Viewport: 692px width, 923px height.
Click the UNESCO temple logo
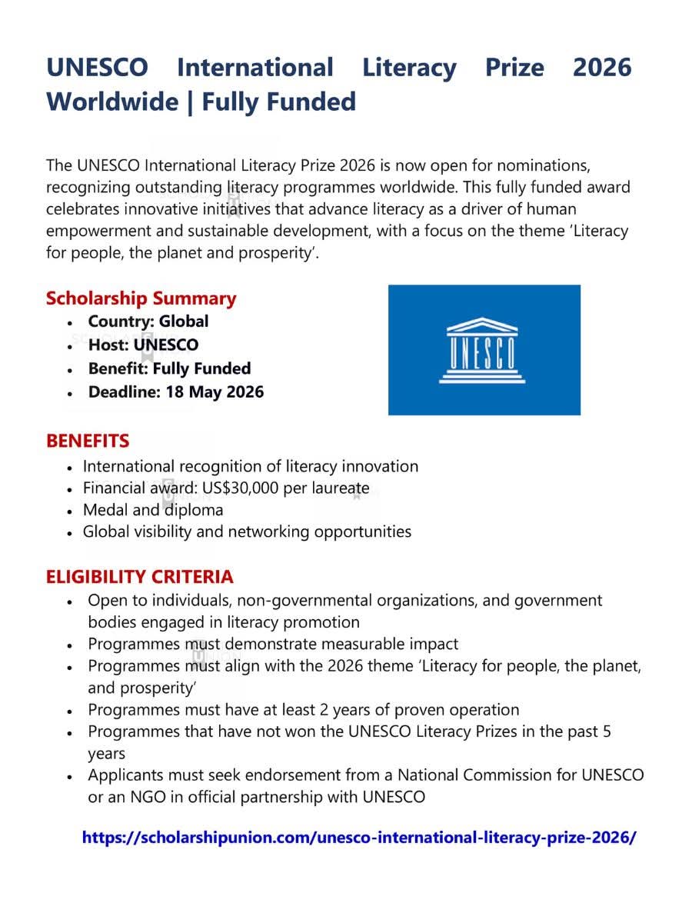tap(482, 351)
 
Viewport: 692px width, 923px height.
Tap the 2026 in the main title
tap(602, 68)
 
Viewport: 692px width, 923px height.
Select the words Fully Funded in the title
tap(279, 102)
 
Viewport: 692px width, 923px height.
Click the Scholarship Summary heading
tap(141, 298)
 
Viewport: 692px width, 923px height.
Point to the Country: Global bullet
tap(148, 322)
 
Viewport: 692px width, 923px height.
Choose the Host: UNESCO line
tap(143, 345)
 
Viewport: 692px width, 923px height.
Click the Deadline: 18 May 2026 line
tap(175, 392)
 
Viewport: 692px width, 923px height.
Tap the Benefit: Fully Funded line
tap(169, 368)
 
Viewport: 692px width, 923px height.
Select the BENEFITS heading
tap(88, 441)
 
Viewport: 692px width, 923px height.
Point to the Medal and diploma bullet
tap(153, 510)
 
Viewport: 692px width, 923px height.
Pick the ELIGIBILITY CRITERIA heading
tap(139, 576)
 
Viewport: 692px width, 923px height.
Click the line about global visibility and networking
tap(247, 531)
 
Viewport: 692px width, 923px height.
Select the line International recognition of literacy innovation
tap(251, 466)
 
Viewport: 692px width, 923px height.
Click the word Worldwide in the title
tap(112, 102)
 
